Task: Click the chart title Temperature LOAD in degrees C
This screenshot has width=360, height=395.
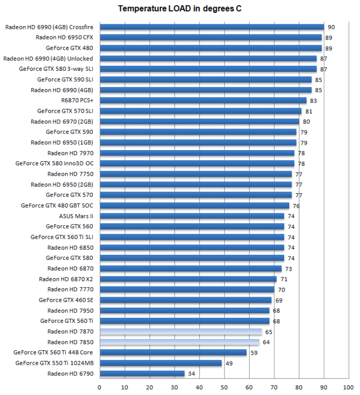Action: [x=180, y=9]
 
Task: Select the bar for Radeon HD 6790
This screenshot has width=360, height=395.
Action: [x=142, y=374]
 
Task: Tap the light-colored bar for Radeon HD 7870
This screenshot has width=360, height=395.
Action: [x=181, y=332]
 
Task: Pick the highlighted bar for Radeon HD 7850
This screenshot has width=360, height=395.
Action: [x=179, y=342]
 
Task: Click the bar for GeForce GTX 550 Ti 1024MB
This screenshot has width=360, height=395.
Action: [x=161, y=363]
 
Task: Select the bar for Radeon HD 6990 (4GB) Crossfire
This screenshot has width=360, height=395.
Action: [x=212, y=27]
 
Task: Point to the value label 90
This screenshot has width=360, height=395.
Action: [x=331, y=27]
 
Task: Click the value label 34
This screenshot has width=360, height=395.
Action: [x=191, y=374]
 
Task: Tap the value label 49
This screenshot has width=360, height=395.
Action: [x=229, y=363]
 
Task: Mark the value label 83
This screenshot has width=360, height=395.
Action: [x=313, y=101]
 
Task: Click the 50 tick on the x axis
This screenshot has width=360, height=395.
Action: [x=224, y=387]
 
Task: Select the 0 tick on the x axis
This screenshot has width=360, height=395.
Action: [x=100, y=387]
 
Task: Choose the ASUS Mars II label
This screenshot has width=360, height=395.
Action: [x=76, y=216]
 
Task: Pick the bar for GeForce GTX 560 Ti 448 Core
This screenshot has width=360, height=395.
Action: [x=173, y=353]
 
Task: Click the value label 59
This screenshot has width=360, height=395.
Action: [x=254, y=353]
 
